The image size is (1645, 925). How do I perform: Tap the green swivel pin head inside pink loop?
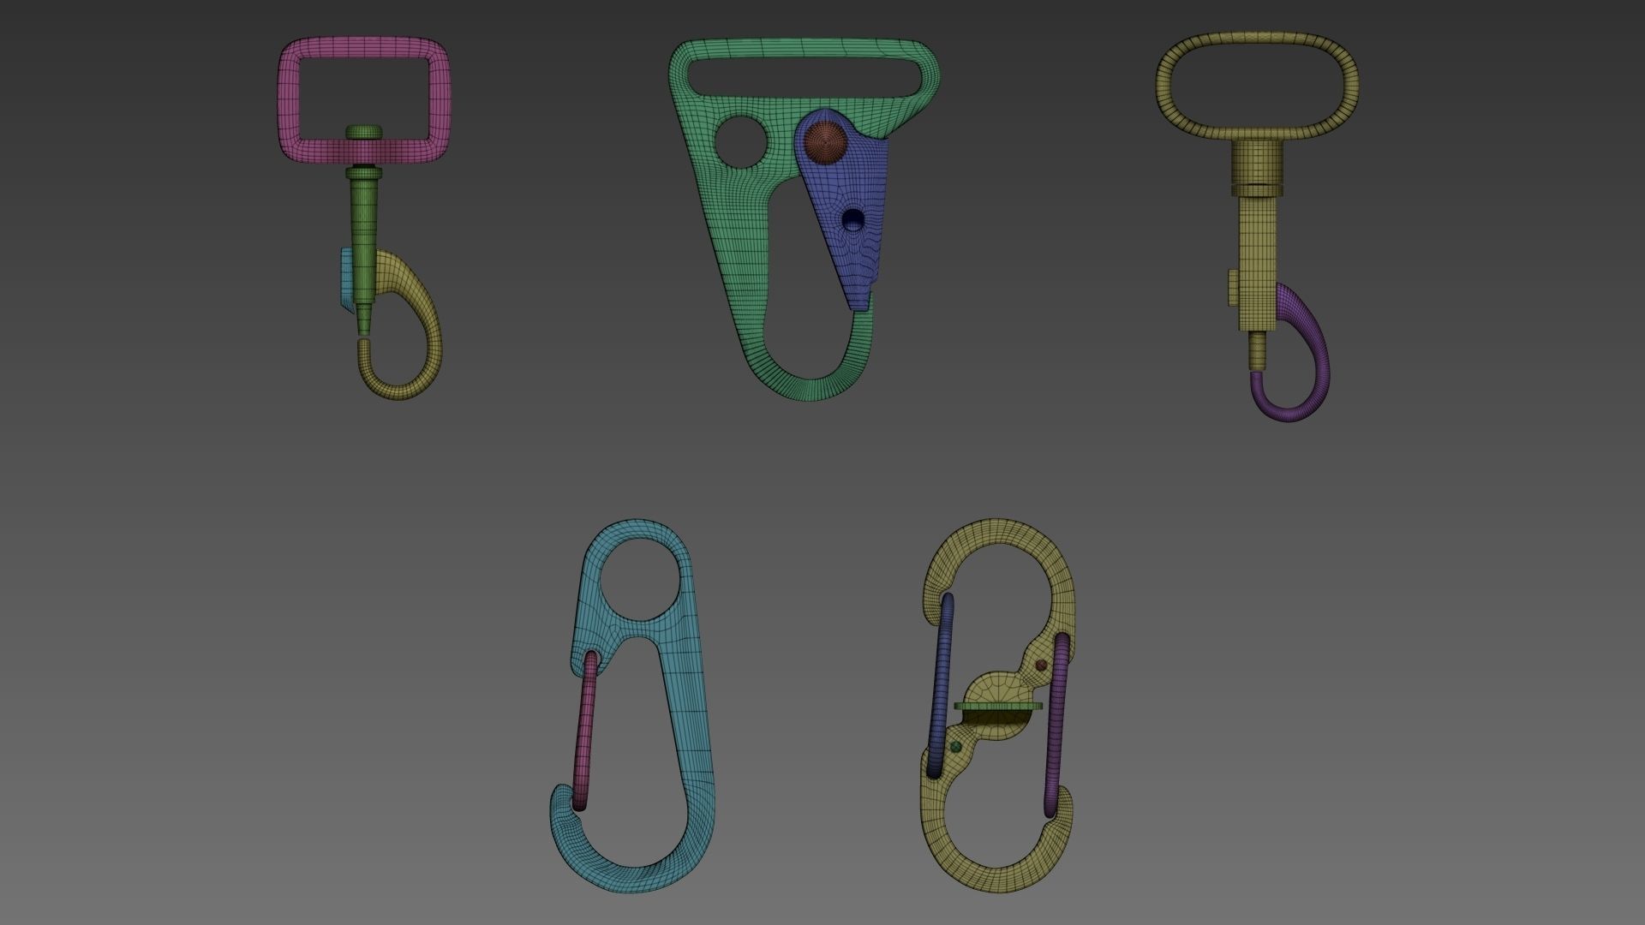(x=364, y=132)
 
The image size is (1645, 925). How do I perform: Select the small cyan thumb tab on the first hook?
(x=344, y=278)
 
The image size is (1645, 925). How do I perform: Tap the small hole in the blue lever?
(x=853, y=219)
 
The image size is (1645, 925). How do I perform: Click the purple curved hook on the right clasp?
(x=1311, y=360)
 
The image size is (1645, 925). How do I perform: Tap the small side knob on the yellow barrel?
(x=1232, y=288)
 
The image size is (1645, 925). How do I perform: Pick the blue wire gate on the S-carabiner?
(x=941, y=685)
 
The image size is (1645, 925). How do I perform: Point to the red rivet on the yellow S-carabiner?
(x=1042, y=665)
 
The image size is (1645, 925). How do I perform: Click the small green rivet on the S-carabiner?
(x=956, y=748)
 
